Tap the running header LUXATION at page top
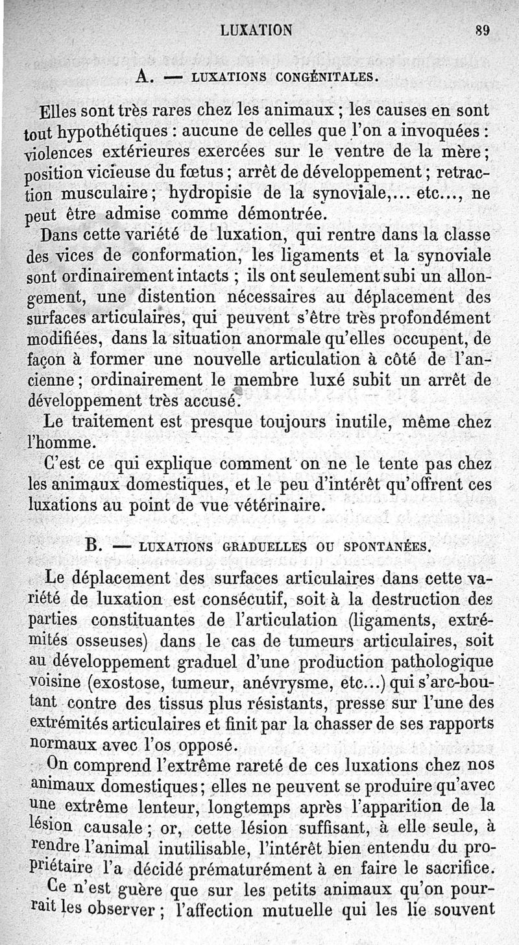tap(256, 29)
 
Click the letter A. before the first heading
tap(144, 76)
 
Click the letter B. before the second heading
tap(95, 545)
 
